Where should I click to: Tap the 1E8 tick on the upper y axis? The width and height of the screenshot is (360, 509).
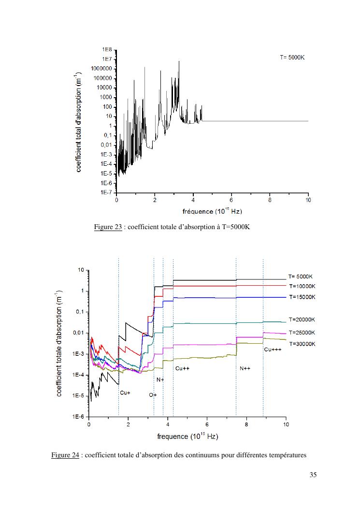(107, 50)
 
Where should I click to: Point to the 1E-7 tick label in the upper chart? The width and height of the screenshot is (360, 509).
(106, 192)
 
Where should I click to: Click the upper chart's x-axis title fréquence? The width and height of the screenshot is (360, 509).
(212, 211)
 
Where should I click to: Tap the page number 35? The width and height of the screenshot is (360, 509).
(313, 475)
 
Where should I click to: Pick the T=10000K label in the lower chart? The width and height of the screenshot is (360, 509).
(302, 286)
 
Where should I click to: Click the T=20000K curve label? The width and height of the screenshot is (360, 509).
(302, 320)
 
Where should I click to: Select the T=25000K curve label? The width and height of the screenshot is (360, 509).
(302, 333)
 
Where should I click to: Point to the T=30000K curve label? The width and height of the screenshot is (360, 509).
(302, 344)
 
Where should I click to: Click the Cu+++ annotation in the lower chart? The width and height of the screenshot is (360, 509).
(273, 349)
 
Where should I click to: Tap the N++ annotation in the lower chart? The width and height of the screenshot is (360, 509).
(245, 368)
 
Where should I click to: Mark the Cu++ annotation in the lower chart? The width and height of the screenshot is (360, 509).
(182, 368)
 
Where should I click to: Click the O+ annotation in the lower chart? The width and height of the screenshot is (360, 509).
(153, 395)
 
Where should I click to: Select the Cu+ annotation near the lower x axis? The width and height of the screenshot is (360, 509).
(125, 393)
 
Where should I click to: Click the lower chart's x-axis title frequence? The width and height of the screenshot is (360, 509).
(187, 436)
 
